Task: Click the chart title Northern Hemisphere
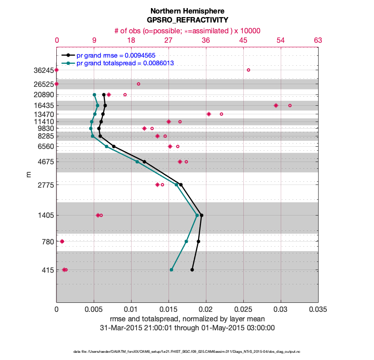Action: (187, 11)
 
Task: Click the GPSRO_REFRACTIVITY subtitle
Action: (187, 20)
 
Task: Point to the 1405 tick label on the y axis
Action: (45, 216)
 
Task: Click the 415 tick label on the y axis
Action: (47, 270)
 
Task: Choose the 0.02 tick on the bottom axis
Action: (206, 310)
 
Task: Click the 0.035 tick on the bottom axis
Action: (318, 310)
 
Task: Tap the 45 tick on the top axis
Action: (243, 40)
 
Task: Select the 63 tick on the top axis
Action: (318, 40)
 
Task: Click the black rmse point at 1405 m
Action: (201, 215)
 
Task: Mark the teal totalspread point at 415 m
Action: (171, 270)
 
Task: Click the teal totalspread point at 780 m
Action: (187, 242)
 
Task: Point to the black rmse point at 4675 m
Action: (144, 162)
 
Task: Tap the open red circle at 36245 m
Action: (248, 70)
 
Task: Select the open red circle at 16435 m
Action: (290, 106)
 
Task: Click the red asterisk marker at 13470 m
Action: (209, 114)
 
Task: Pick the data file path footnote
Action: (187, 351)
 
